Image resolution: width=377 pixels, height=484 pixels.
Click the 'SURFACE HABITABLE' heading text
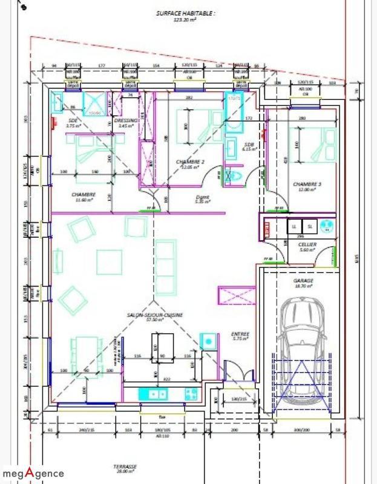tap(185, 13)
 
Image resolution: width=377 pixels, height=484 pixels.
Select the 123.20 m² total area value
tap(185, 19)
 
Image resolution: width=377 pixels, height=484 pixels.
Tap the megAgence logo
tap(33, 473)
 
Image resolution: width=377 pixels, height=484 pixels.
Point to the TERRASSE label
tap(125, 467)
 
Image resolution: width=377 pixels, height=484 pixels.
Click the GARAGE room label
tap(304, 281)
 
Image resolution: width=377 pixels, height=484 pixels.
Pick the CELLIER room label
tap(307, 244)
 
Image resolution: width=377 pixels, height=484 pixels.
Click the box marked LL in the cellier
tap(295, 226)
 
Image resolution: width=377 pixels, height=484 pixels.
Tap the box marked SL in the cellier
tap(310, 226)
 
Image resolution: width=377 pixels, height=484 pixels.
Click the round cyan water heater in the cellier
tap(327, 226)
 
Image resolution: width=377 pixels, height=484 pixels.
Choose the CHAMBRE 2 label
tap(190, 162)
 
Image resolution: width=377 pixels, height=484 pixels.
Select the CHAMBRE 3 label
tap(307, 185)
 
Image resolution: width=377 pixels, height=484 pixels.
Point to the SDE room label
tap(73, 122)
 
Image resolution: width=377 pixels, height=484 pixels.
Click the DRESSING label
tap(126, 121)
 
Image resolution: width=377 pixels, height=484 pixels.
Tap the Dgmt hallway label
tap(203, 197)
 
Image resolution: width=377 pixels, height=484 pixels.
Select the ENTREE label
tap(240, 334)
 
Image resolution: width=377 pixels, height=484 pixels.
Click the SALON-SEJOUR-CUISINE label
tap(155, 315)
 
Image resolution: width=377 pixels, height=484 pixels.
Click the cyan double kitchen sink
tap(152, 394)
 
